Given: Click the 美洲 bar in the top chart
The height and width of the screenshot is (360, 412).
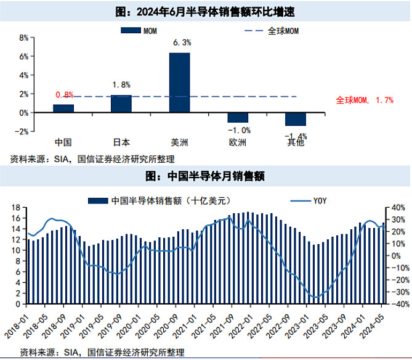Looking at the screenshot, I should point(180,83).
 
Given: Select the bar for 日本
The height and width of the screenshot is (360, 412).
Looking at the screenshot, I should point(121,104).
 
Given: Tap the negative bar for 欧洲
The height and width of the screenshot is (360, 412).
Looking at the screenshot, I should point(238,118).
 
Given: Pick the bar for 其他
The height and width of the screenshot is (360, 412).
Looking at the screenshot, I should point(296,120).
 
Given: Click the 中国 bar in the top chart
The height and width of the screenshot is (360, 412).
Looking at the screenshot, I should point(63,108).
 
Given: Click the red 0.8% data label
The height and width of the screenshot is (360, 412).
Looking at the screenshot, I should point(64,95).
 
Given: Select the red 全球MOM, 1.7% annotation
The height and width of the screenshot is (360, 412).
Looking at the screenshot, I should point(364,100).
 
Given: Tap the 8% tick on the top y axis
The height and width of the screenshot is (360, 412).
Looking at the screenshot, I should point(25,37).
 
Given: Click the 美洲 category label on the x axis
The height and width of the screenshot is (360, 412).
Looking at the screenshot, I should point(179,142).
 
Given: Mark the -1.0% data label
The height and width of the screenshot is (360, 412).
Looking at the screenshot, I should point(239,130).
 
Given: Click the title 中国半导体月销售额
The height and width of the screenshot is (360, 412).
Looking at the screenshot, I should point(204,177).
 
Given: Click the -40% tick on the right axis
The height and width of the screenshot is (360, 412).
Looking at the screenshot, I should point(398,304).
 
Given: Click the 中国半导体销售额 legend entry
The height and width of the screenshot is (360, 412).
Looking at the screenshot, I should point(155,200).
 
